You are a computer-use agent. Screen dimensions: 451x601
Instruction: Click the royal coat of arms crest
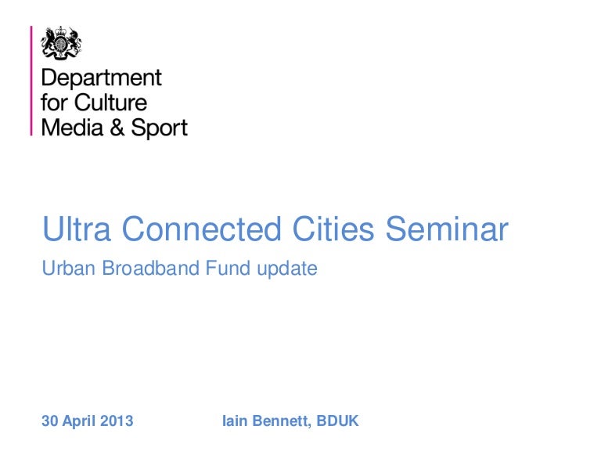pyautogui.click(x=62, y=43)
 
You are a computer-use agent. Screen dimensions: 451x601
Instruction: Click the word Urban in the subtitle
pyautogui.click(x=63, y=269)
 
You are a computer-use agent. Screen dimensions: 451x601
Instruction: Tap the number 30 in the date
pyautogui.click(x=49, y=421)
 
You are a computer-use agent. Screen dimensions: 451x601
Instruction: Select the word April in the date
pyautogui.click(x=81, y=422)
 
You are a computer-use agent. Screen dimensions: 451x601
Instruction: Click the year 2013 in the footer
pyautogui.click(x=117, y=421)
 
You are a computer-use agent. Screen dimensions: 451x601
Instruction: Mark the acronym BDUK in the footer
pyautogui.click(x=340, y=421)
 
